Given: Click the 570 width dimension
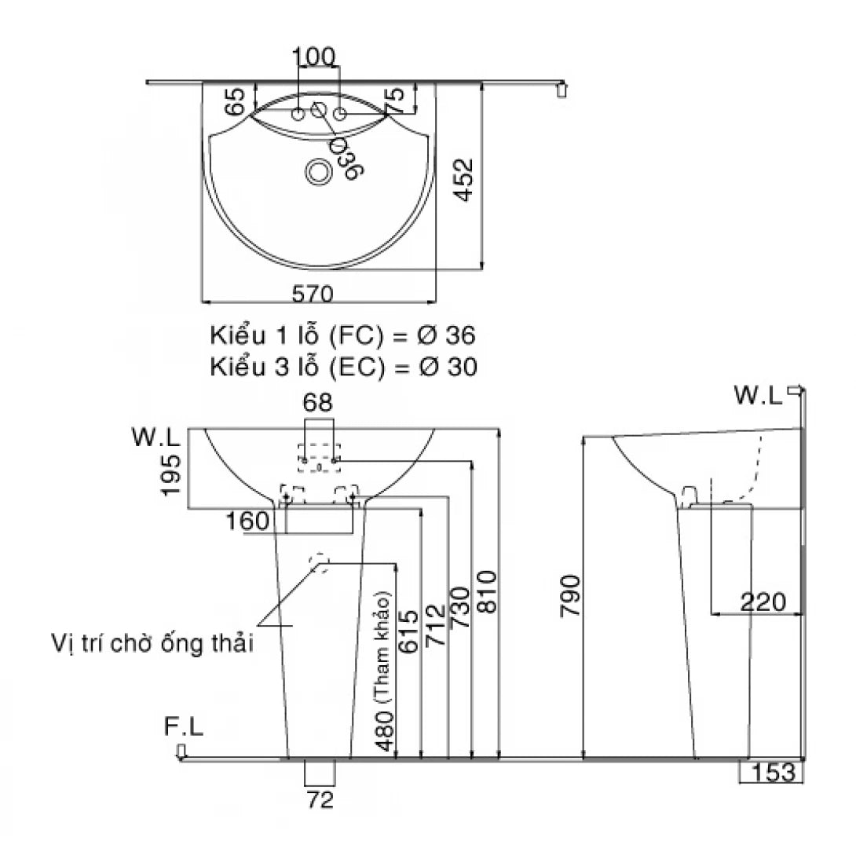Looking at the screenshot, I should (313, 293).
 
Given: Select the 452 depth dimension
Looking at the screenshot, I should (464, 181).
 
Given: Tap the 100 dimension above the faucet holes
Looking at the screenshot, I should (314, 57).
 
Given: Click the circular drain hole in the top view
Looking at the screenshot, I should (319, 171).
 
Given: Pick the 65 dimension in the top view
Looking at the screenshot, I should (235, 101).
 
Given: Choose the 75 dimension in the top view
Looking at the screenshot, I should (397, 100).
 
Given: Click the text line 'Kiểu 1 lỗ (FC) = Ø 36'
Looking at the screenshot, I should (342, 336).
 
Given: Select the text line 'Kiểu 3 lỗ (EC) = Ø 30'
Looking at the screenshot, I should (342, 367).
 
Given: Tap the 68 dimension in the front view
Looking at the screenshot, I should (319, 404).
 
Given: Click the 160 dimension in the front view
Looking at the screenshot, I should (247, 521).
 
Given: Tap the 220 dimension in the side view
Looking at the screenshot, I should (762, 602).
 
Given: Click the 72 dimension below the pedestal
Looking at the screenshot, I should (320, 800).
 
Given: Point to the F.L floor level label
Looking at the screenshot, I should (184, 728).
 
